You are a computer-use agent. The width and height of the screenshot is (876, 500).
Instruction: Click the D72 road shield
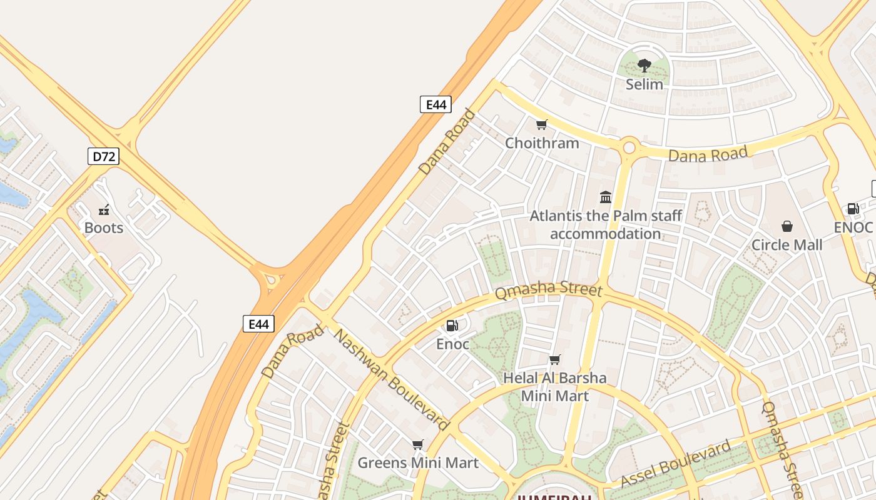103,156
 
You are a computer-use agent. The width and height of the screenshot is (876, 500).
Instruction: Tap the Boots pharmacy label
104,228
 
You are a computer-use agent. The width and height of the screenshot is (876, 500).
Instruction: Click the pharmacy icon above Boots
104,209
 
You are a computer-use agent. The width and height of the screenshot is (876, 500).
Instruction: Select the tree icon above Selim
644,65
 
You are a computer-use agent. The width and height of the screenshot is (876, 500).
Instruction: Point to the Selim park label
644,84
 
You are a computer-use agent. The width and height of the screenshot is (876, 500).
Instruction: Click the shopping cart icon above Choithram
542,125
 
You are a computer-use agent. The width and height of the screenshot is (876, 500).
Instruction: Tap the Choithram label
542,143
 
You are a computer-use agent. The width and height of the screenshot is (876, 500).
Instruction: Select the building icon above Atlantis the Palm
606,197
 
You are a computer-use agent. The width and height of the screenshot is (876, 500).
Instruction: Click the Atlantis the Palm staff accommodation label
606,225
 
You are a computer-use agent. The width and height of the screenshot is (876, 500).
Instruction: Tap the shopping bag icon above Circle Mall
787,226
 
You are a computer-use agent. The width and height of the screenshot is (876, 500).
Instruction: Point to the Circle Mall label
787,245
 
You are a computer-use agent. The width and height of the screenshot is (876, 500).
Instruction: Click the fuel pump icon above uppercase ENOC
853,209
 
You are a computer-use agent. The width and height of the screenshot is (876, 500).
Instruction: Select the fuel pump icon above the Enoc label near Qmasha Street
452,325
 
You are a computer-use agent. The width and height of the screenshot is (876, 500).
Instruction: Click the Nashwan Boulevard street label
391,380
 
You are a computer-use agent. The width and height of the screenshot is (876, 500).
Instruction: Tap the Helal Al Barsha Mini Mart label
555,387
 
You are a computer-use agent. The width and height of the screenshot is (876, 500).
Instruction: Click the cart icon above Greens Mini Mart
418,444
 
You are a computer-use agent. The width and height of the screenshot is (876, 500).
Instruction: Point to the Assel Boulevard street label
676,464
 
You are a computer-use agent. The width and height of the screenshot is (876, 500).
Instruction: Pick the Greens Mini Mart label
418,463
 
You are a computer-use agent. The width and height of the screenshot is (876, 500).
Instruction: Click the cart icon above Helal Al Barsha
554,359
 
